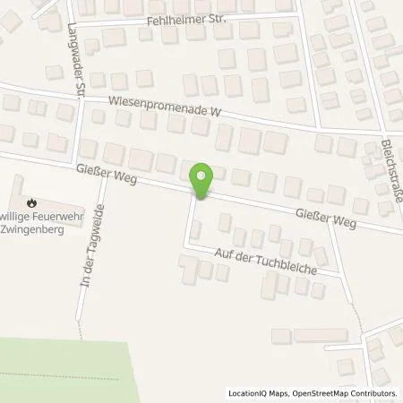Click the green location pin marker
[x=202, y=180]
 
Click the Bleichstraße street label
[x=389, y=169]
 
